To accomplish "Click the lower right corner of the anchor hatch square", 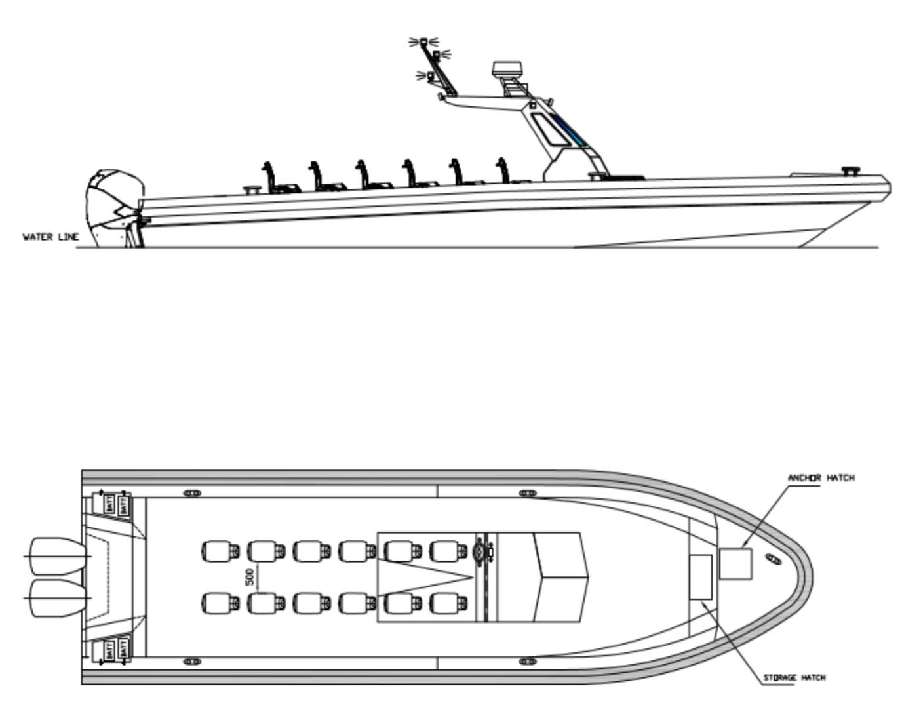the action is coord(752,580).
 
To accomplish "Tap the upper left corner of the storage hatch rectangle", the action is coord(690,555).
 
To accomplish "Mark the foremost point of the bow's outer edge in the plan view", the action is coord(813,578).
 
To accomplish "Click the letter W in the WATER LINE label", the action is coord(26,237).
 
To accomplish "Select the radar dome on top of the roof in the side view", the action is coord(508,69).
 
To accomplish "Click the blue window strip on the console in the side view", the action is coord(568,129).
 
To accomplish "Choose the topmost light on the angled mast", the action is coord(423,41).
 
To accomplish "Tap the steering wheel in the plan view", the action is coord(479,553).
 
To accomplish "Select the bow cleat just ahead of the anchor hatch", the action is coord(774,559).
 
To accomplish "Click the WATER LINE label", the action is coord(50,237).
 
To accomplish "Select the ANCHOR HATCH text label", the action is coord(821,478).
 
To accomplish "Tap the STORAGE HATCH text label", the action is coord(794,677).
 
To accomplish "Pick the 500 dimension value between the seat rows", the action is coord(250,577).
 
